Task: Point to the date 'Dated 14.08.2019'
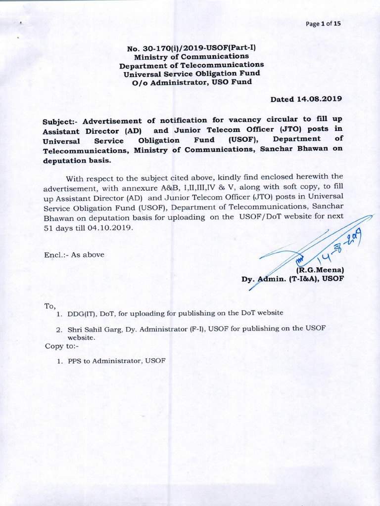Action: (x=306, y=99)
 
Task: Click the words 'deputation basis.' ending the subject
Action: (x=77, y=161)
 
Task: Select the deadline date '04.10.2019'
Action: (x=114, y=228)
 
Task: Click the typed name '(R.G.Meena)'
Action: (x=319, y=270)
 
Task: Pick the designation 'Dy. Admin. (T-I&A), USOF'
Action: (x=292, y=279)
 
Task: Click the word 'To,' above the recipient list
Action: (x=50, y=306)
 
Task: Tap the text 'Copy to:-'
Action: (x=58, y=346)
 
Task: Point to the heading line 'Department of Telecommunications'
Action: (x=191, y=65)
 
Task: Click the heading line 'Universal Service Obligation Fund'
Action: (x=191, y=73)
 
